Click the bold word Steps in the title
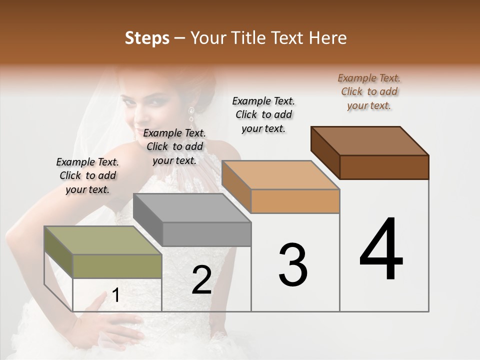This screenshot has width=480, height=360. pos(147,38)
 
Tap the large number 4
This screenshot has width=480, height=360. pos(381,250)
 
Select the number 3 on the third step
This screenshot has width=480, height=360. pos(292,265)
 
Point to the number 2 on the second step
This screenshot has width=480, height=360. pos(201,280)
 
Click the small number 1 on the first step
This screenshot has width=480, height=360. pos(115,295)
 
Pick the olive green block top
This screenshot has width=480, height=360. pos(95,240)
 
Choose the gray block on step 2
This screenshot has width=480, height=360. pos(192,220)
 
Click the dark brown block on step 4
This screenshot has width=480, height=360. pos(370,152)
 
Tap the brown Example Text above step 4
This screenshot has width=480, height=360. pos(369,91)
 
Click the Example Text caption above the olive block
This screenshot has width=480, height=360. pos(87,175)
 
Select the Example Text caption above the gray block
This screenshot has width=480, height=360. pos(174,146)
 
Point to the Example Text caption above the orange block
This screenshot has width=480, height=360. pos(263,114)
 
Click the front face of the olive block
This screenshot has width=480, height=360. pos(117,266)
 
